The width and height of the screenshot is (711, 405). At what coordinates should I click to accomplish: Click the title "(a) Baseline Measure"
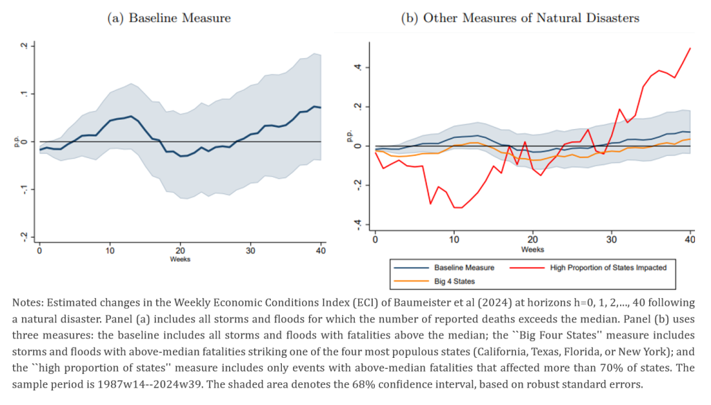coord(169,19)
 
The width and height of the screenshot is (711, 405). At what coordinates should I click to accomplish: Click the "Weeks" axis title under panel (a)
coord(180,259)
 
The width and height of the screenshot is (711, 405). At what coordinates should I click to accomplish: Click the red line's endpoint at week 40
coord(689,48)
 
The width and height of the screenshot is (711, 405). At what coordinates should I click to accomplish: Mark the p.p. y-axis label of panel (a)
coord(15,141)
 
